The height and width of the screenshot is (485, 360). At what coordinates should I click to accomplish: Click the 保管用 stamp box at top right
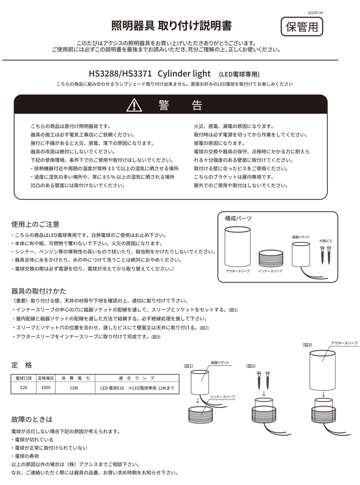[x=301, y=26]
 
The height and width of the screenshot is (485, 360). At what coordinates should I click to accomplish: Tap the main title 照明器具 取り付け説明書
[x=171, y=25]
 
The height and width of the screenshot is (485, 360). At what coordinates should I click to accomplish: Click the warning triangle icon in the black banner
[x=134, y=105]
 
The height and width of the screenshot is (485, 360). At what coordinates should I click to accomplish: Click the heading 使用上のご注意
[x=35, y=223]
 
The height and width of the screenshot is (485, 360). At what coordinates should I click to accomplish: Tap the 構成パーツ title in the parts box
[x=238, y=218]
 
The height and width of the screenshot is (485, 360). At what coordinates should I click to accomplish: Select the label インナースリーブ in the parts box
[x=270, y=271]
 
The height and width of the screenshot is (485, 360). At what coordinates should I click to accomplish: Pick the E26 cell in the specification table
[x=23, y=387]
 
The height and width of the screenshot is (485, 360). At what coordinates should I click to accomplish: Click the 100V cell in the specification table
[x=45, y=387]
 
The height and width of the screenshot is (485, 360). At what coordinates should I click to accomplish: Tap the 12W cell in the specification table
[x=74, y=387]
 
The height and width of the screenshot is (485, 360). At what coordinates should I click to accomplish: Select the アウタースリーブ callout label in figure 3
[x=344, y=343]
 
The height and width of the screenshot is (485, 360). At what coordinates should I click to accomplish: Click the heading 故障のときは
[x=31, y=419]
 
